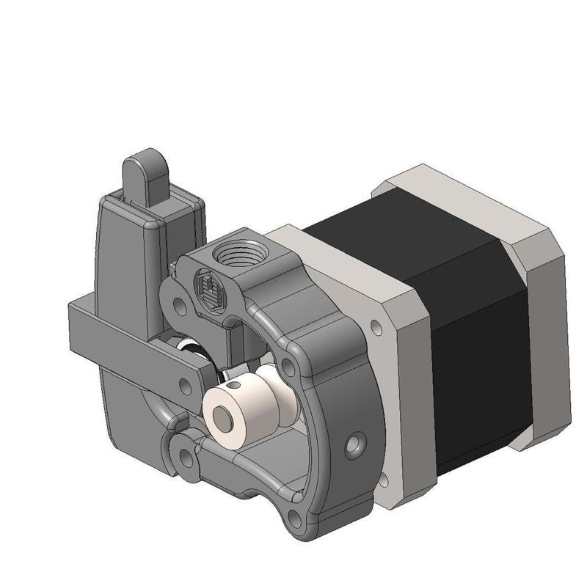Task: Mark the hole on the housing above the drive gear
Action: click(291, 364)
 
